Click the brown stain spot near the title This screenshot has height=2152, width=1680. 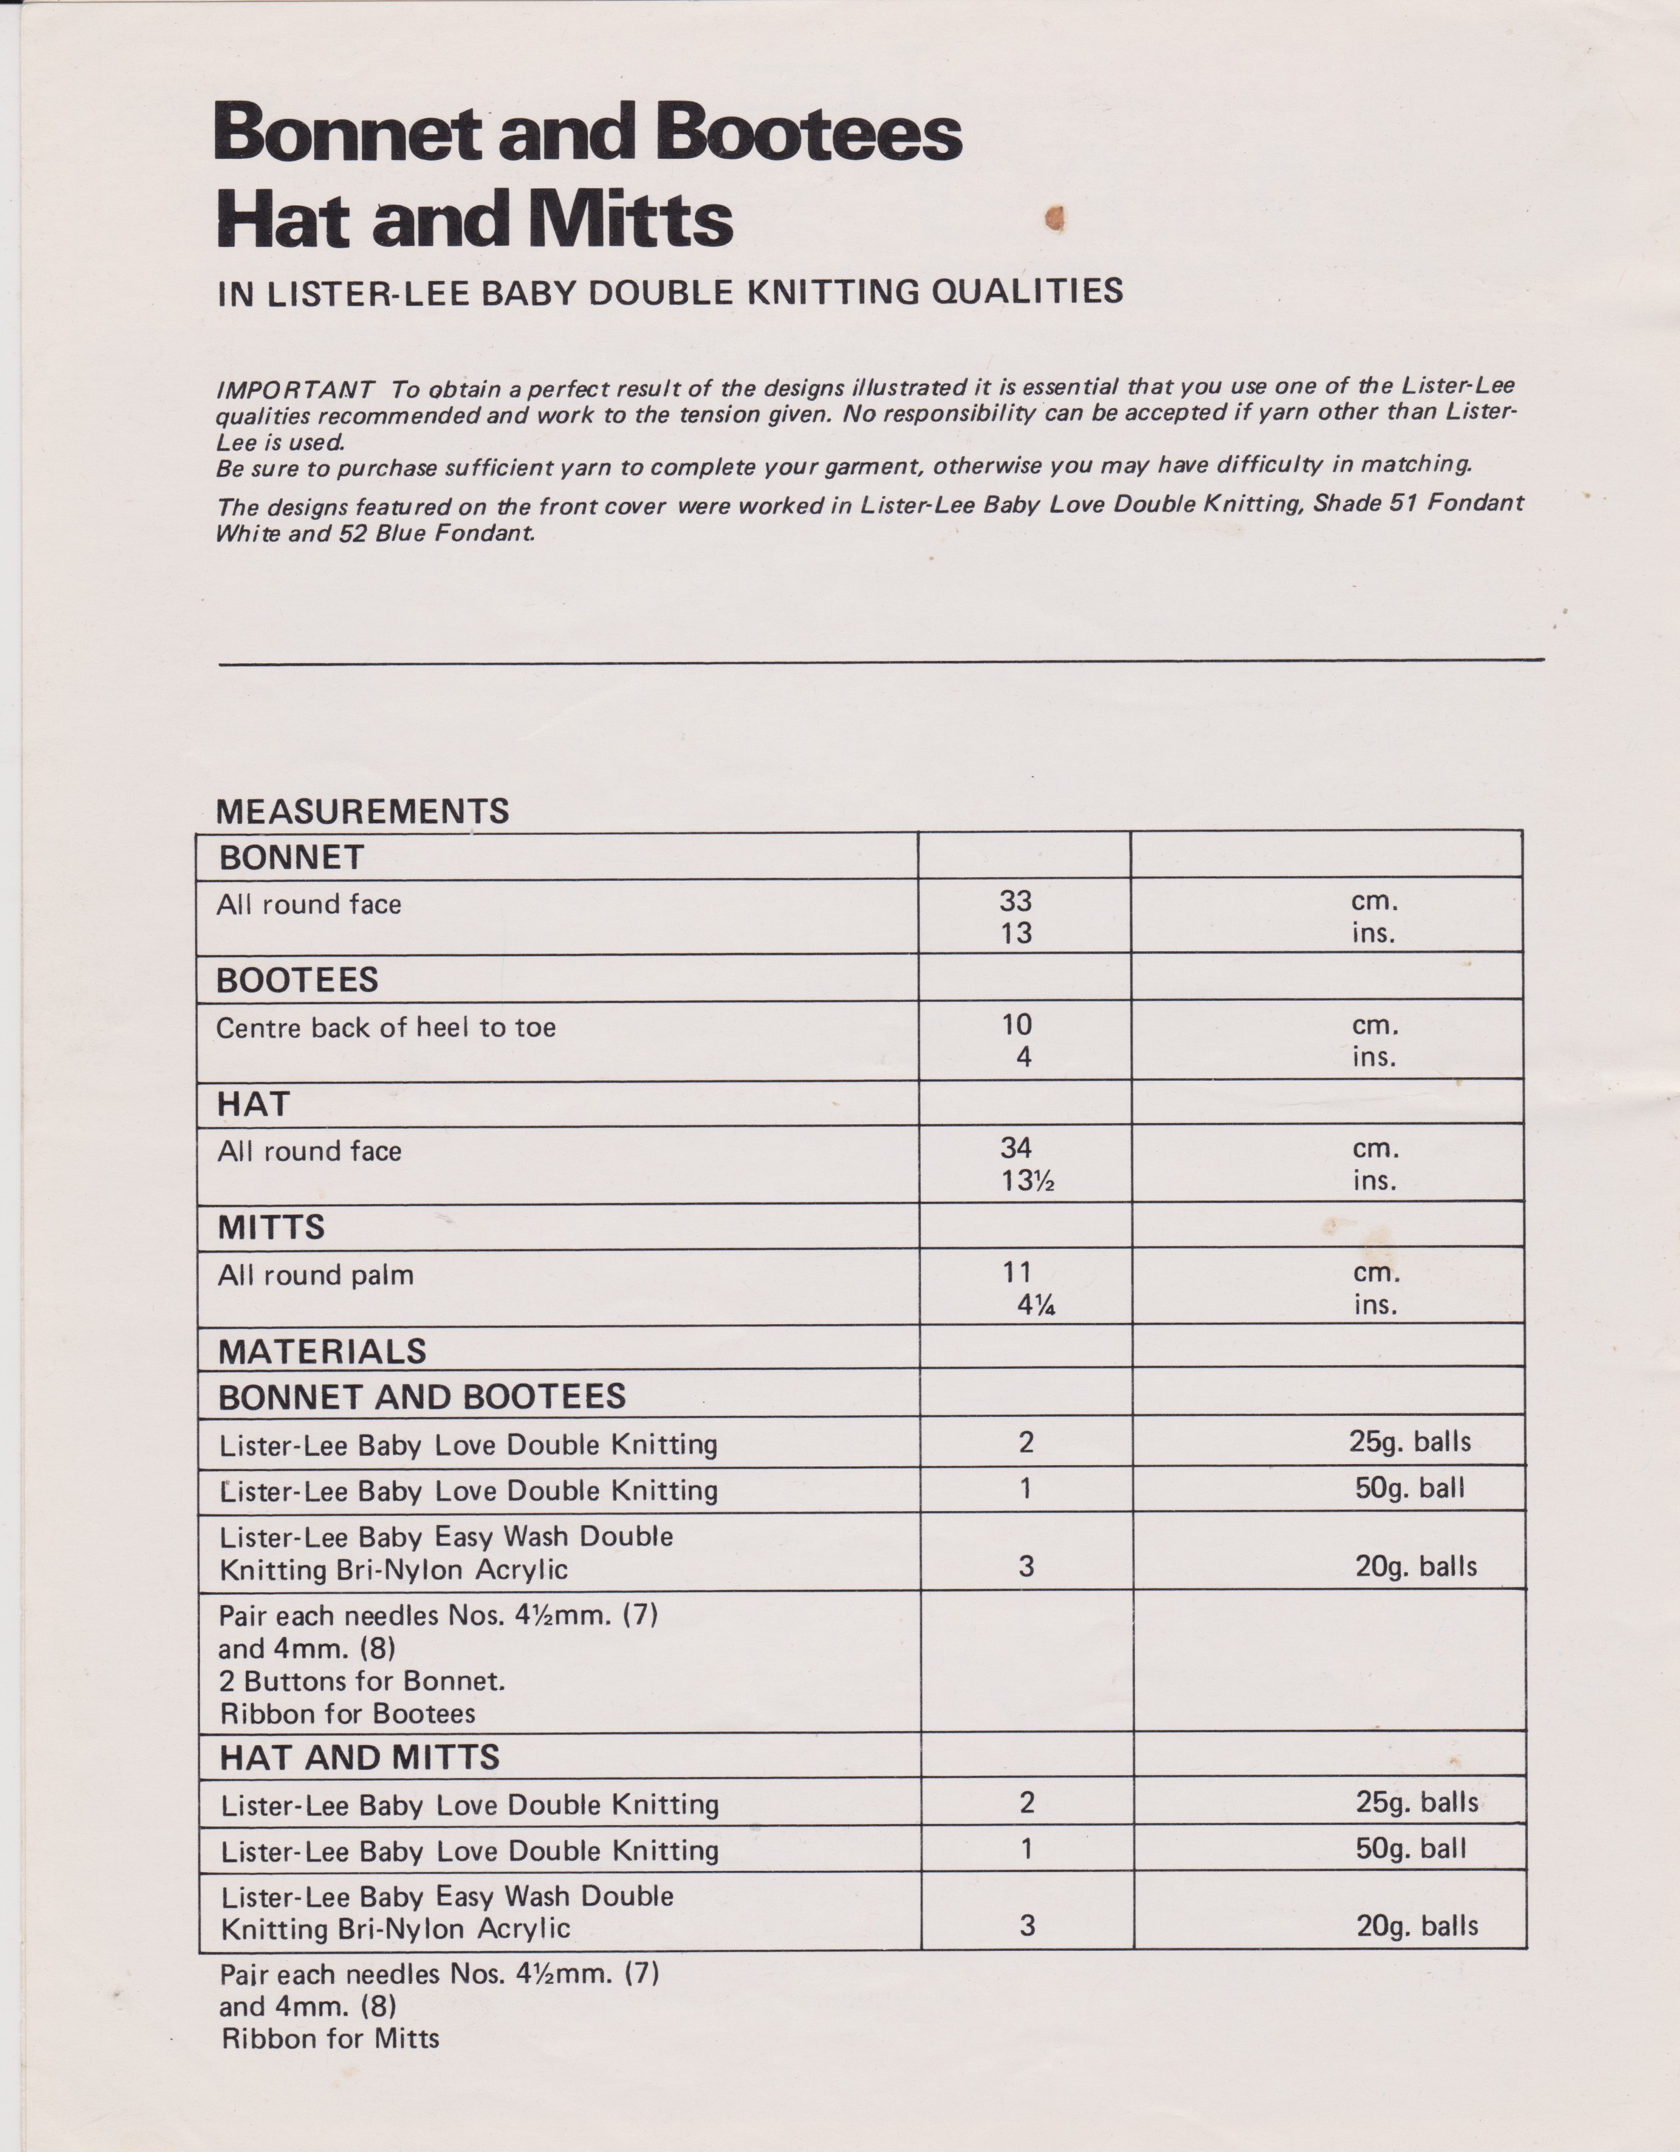click(1054, 217)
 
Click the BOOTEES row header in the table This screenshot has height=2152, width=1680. click(298, 980)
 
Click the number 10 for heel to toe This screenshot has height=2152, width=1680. click(1017, 1025)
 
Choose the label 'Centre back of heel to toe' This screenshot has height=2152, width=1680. click(385, 1028)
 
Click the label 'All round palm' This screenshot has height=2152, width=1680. click(315, 1275)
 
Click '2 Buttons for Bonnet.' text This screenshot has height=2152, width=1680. click(362, 1681)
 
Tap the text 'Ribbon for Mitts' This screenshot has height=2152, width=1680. click(330, 2038)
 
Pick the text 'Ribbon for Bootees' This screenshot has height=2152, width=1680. click(347, 1713)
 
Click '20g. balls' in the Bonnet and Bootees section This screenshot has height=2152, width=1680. click(1416, 1566)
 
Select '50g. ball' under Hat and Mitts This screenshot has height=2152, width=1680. click(1411, 1849)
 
